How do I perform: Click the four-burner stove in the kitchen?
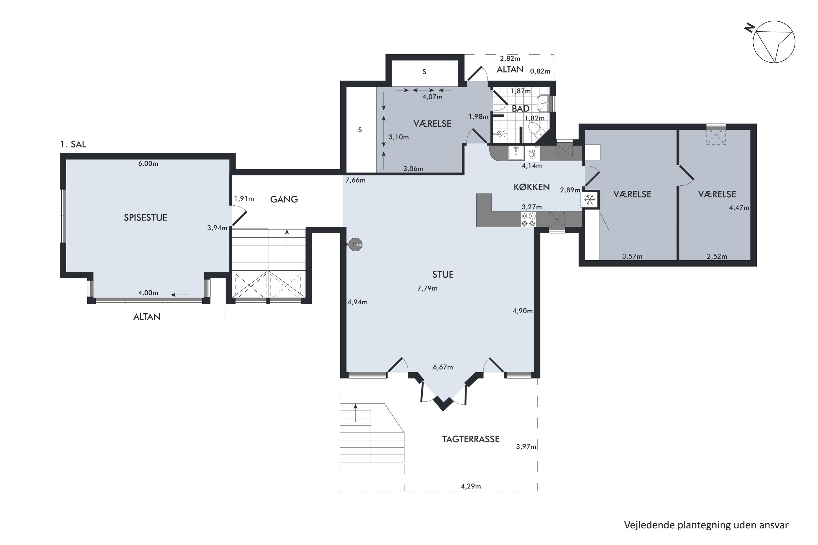(x=528, y=219)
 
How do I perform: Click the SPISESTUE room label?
(x=146, y=217)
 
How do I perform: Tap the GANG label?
(x=284, y=199)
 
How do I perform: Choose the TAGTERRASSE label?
(x=471, y=439)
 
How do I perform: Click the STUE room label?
(x=443, y=275)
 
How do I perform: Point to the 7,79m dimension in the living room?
(x=428, y=288)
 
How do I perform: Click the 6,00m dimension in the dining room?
(x=148, y=164)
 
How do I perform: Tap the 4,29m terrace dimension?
(x=471, y=486)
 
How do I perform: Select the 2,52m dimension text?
(x=717, y=256)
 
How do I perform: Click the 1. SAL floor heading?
(x=73, y=144)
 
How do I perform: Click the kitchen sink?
(x=516, y=153)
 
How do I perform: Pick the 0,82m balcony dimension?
(x=540, y=71)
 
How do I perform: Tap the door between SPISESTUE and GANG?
(x=239, y=216)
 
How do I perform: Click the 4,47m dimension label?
(x=739, y=208)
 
